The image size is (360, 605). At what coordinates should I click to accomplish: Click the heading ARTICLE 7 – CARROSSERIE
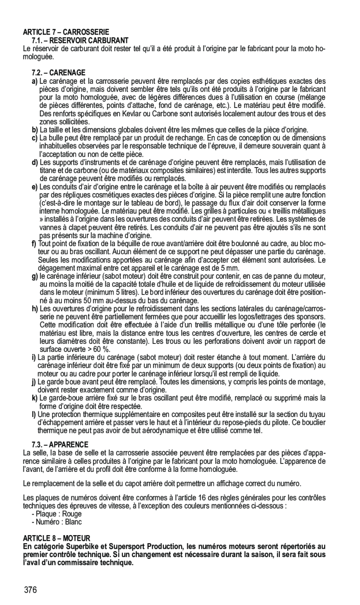tap(66, 32)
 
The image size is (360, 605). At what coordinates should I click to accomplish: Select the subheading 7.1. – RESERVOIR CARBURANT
tap(80, 40)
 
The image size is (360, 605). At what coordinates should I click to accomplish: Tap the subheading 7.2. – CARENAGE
tap(59, 73)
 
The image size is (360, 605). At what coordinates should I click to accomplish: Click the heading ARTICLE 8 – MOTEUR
tap(56, 538)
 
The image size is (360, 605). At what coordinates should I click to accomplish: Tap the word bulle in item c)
tap(55, 138)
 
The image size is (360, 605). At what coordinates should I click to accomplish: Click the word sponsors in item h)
tap(312, 316)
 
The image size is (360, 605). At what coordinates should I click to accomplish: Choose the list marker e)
tap(35, 187)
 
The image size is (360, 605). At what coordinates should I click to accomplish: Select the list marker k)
tap(35, 397)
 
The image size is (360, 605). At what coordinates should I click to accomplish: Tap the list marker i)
tap(34, 357)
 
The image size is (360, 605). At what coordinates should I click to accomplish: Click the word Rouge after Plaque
tap(72, 514)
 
